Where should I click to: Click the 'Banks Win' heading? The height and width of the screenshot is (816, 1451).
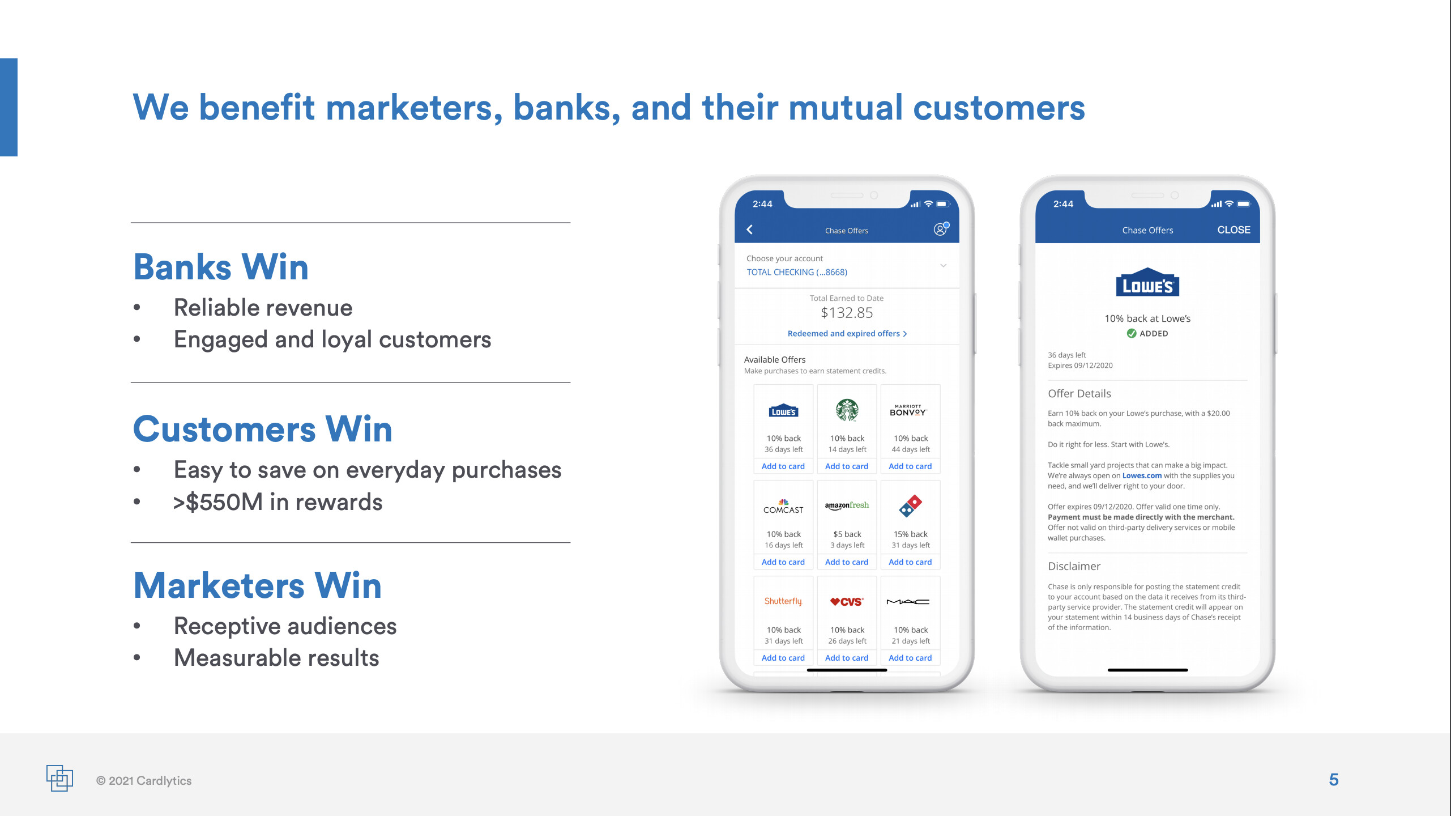coord(221,267)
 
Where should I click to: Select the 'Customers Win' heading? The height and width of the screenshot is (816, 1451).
coord(263,429)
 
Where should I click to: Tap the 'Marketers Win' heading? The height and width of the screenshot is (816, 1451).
coord(258,585)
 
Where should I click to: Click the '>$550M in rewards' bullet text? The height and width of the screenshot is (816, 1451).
coord(278,502)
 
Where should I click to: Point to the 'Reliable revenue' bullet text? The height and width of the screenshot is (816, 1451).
coord(263,308)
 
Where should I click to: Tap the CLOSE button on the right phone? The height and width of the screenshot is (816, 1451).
coord(1234,230)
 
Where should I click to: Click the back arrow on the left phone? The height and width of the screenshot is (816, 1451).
coord(750,229)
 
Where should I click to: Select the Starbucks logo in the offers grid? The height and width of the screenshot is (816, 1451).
coord(847,410)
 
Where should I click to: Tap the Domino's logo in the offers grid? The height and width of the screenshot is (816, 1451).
coord(910,505)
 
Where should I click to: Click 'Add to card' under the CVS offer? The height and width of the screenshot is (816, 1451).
coord(847,658)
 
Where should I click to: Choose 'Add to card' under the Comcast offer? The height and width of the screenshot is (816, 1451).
coord(783,562)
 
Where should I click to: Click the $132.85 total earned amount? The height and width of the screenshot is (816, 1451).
coord(847,313)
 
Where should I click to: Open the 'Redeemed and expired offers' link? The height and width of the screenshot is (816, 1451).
coord(847,334)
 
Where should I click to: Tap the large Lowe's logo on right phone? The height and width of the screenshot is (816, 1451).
coord(1147,282)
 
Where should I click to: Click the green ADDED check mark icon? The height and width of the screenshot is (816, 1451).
coord(1131,333)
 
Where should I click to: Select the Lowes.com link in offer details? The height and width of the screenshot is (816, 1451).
coord(1142,476)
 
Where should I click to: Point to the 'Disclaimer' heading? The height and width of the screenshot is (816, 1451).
coord(1074,566)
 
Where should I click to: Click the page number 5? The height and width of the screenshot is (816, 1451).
coord(1334,780)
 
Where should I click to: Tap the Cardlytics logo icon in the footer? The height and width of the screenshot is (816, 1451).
coord(59,778)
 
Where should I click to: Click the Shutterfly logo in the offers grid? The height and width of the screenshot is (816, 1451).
coord(783,601)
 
